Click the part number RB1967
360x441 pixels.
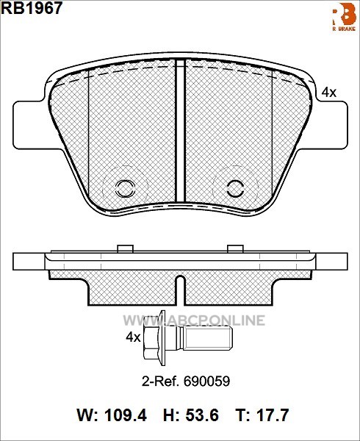point(32,7)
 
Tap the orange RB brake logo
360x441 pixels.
point(345,18)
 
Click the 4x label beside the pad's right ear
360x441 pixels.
point(329,93)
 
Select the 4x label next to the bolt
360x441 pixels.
point(133,337)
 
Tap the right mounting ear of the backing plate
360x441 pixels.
point(331,125)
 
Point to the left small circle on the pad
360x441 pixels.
point(125,188)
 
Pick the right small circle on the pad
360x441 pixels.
point(235,188)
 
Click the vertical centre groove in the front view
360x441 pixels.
point(180,131)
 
